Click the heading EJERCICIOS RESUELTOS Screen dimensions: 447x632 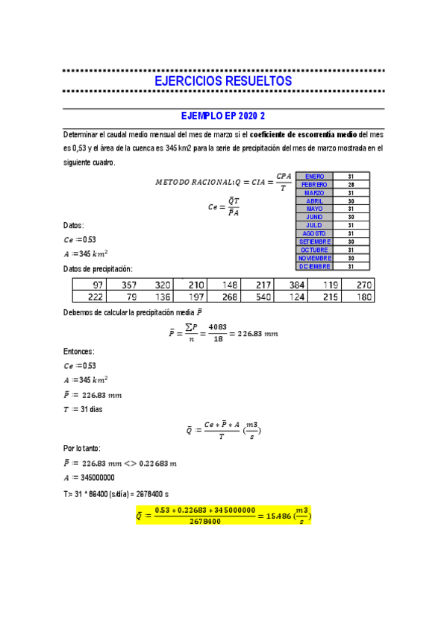click(x=222, y=81)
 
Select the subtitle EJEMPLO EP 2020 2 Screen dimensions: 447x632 click(x=223, y=117)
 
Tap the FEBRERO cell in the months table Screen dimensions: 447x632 click(x=314, y=185)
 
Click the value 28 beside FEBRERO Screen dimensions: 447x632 click(x=351, y=185)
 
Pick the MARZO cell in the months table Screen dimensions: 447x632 click(x=314, y=193)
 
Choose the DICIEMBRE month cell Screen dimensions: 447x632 click(x=314, y=266)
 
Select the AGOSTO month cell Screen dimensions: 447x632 click(x=314, y=233)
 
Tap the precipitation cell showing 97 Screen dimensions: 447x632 click(x=97, y=285)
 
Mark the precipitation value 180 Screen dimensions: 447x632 click(x=363, y=297)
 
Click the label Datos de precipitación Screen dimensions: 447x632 click(x=98, y=269)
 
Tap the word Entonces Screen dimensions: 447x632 click(x=80, y=352)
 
